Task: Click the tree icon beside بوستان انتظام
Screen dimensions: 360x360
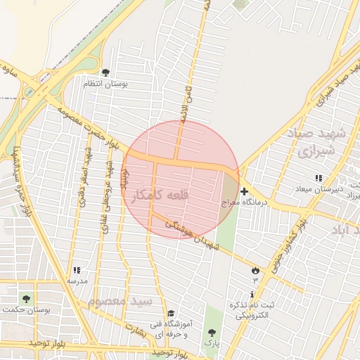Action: coord(105,72)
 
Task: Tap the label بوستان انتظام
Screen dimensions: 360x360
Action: coord(105,84)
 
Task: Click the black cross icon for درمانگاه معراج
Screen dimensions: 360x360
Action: coord(244,191)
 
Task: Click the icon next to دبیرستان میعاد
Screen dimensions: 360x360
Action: coord(319,178)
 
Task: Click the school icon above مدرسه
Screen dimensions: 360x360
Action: coord(77,270)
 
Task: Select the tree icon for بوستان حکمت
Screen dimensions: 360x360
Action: coord(26,299)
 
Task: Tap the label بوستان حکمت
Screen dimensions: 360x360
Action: coord(25,310)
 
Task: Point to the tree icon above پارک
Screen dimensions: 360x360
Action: coord(212,332)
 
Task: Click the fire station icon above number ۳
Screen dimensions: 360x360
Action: coord(255,270)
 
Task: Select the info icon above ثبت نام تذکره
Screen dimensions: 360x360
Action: coord(252,293)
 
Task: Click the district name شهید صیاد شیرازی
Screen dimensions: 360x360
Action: coord(319,141)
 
